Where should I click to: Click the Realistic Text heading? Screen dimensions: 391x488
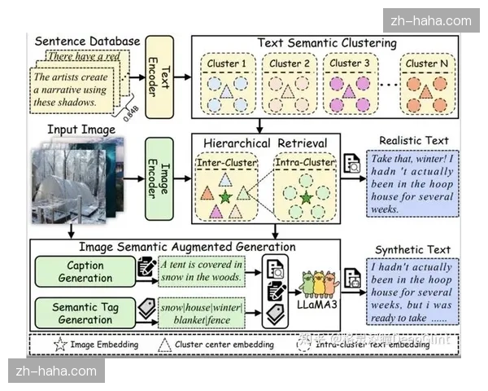click(x=412, y=141)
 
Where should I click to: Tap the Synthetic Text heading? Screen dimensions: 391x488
click(x=413, y=248)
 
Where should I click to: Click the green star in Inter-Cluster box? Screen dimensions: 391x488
click(x=225, y=196)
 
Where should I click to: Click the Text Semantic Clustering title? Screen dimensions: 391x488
click(x=327, y=42)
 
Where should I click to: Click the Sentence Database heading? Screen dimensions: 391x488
click(x=87, y=41)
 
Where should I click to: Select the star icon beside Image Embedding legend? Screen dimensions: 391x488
click(x=60, y=345)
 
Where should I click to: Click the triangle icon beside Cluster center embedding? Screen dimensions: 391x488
click(x=164, y=345)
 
